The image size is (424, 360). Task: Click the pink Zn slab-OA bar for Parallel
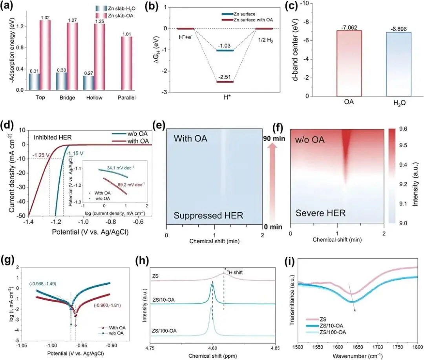126,63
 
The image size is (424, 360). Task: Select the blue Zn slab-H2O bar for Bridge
61,81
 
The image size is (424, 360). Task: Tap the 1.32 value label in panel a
45,17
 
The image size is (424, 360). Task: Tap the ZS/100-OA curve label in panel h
164,331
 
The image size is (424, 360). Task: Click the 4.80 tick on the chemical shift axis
212,347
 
